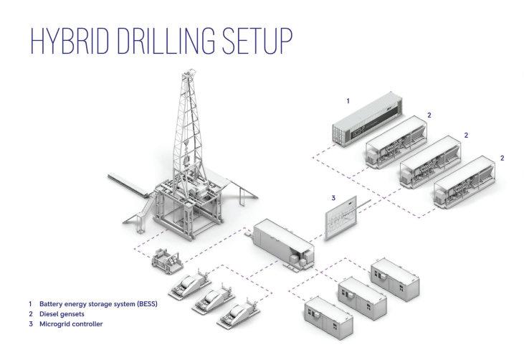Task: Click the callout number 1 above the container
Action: [348, 101]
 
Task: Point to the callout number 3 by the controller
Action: [333, 197]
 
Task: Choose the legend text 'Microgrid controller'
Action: [71, 324]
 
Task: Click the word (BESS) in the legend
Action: [146, 304]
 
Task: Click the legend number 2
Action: [31, 314]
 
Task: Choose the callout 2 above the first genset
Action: [429, 115]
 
